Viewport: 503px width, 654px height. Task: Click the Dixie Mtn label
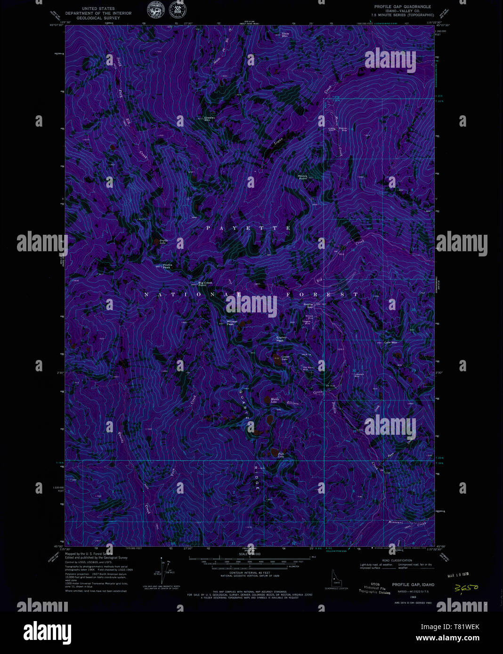point(285,35)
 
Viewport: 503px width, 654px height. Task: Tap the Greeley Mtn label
point(209,119)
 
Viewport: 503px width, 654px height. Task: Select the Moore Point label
point(302,177)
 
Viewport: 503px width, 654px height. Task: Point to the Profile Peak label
point(167,266)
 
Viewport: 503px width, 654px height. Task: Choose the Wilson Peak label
point(232,323)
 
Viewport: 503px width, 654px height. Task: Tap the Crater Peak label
point(281,339)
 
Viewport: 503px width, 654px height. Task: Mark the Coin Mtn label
point(390,343)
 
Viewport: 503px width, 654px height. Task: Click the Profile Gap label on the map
point(308,305)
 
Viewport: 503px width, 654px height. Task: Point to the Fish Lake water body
point(275,453)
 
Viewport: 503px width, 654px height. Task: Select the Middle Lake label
point(275,400)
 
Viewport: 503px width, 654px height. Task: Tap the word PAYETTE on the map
point(249,228)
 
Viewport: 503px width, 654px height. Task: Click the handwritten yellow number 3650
point(466,588)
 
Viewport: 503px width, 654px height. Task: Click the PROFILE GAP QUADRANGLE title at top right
point(402,7)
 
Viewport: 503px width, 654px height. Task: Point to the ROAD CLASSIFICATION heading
point(397,560)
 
